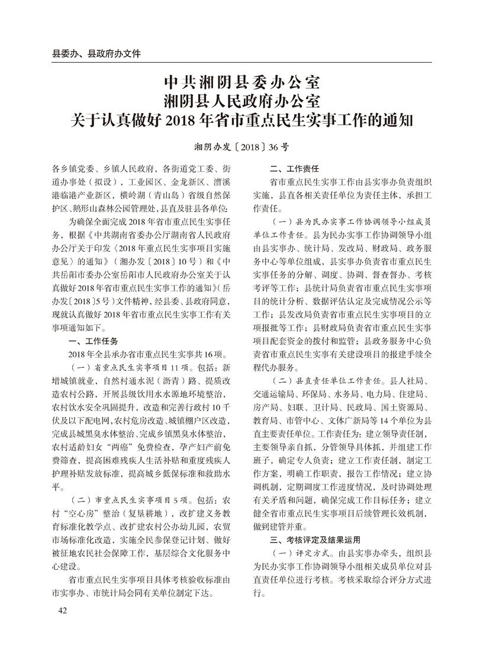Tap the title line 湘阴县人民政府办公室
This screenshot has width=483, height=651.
(241, 100)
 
